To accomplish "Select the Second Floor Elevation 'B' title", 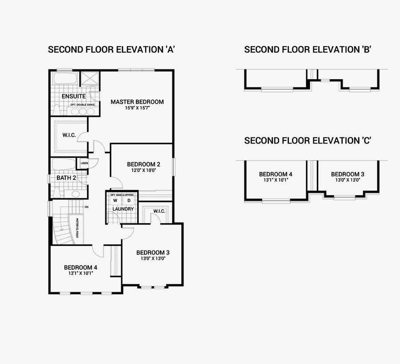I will pos(308,49).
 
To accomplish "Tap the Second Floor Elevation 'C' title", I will pos(308,141).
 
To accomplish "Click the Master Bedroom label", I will pos(137,102).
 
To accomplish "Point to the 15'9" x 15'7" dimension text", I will pos(137,108).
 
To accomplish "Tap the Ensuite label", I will pos(74,96).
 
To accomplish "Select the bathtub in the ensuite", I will pos(65,80).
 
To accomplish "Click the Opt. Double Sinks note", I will pos(82,105).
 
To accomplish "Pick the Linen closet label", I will pos(84,164).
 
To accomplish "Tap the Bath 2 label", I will pos(66,178).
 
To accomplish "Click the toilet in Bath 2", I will pos(56,192).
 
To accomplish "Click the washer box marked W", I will pos(115,200).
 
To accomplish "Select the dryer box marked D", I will pos(129,200).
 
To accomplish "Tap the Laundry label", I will pos(123,209).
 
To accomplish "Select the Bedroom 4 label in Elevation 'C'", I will pos(276,174).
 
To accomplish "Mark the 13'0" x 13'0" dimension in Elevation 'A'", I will pos(152,259).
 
